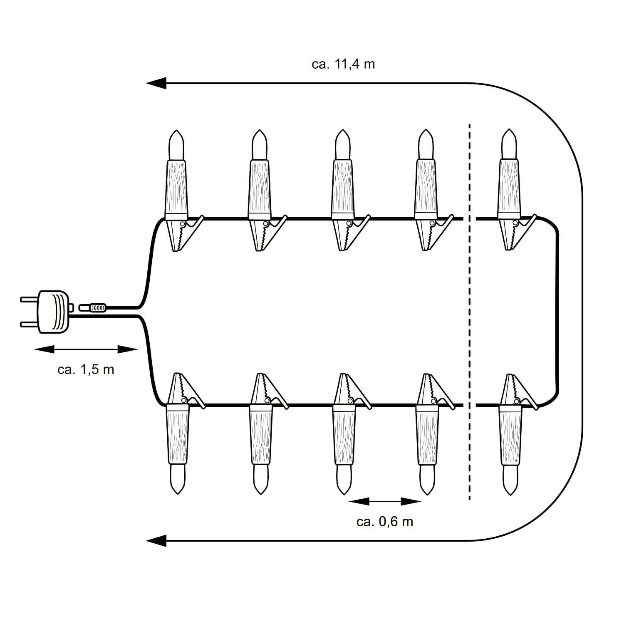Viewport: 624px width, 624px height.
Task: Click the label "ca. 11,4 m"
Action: click(343, 64)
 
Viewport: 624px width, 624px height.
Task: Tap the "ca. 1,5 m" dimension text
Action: click(86, 369)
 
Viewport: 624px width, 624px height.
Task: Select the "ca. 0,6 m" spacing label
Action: click(385, 522)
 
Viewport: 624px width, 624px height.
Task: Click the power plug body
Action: click(54, 312)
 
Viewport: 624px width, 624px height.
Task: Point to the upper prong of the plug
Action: click(30, 298)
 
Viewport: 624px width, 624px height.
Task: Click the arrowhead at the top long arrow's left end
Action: click(156, 83)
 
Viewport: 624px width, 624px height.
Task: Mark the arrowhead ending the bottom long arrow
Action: click(156, 541)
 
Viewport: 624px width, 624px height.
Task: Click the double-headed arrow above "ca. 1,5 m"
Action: click(86, 349)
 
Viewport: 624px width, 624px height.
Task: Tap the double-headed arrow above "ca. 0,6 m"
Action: click(385, 501)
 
